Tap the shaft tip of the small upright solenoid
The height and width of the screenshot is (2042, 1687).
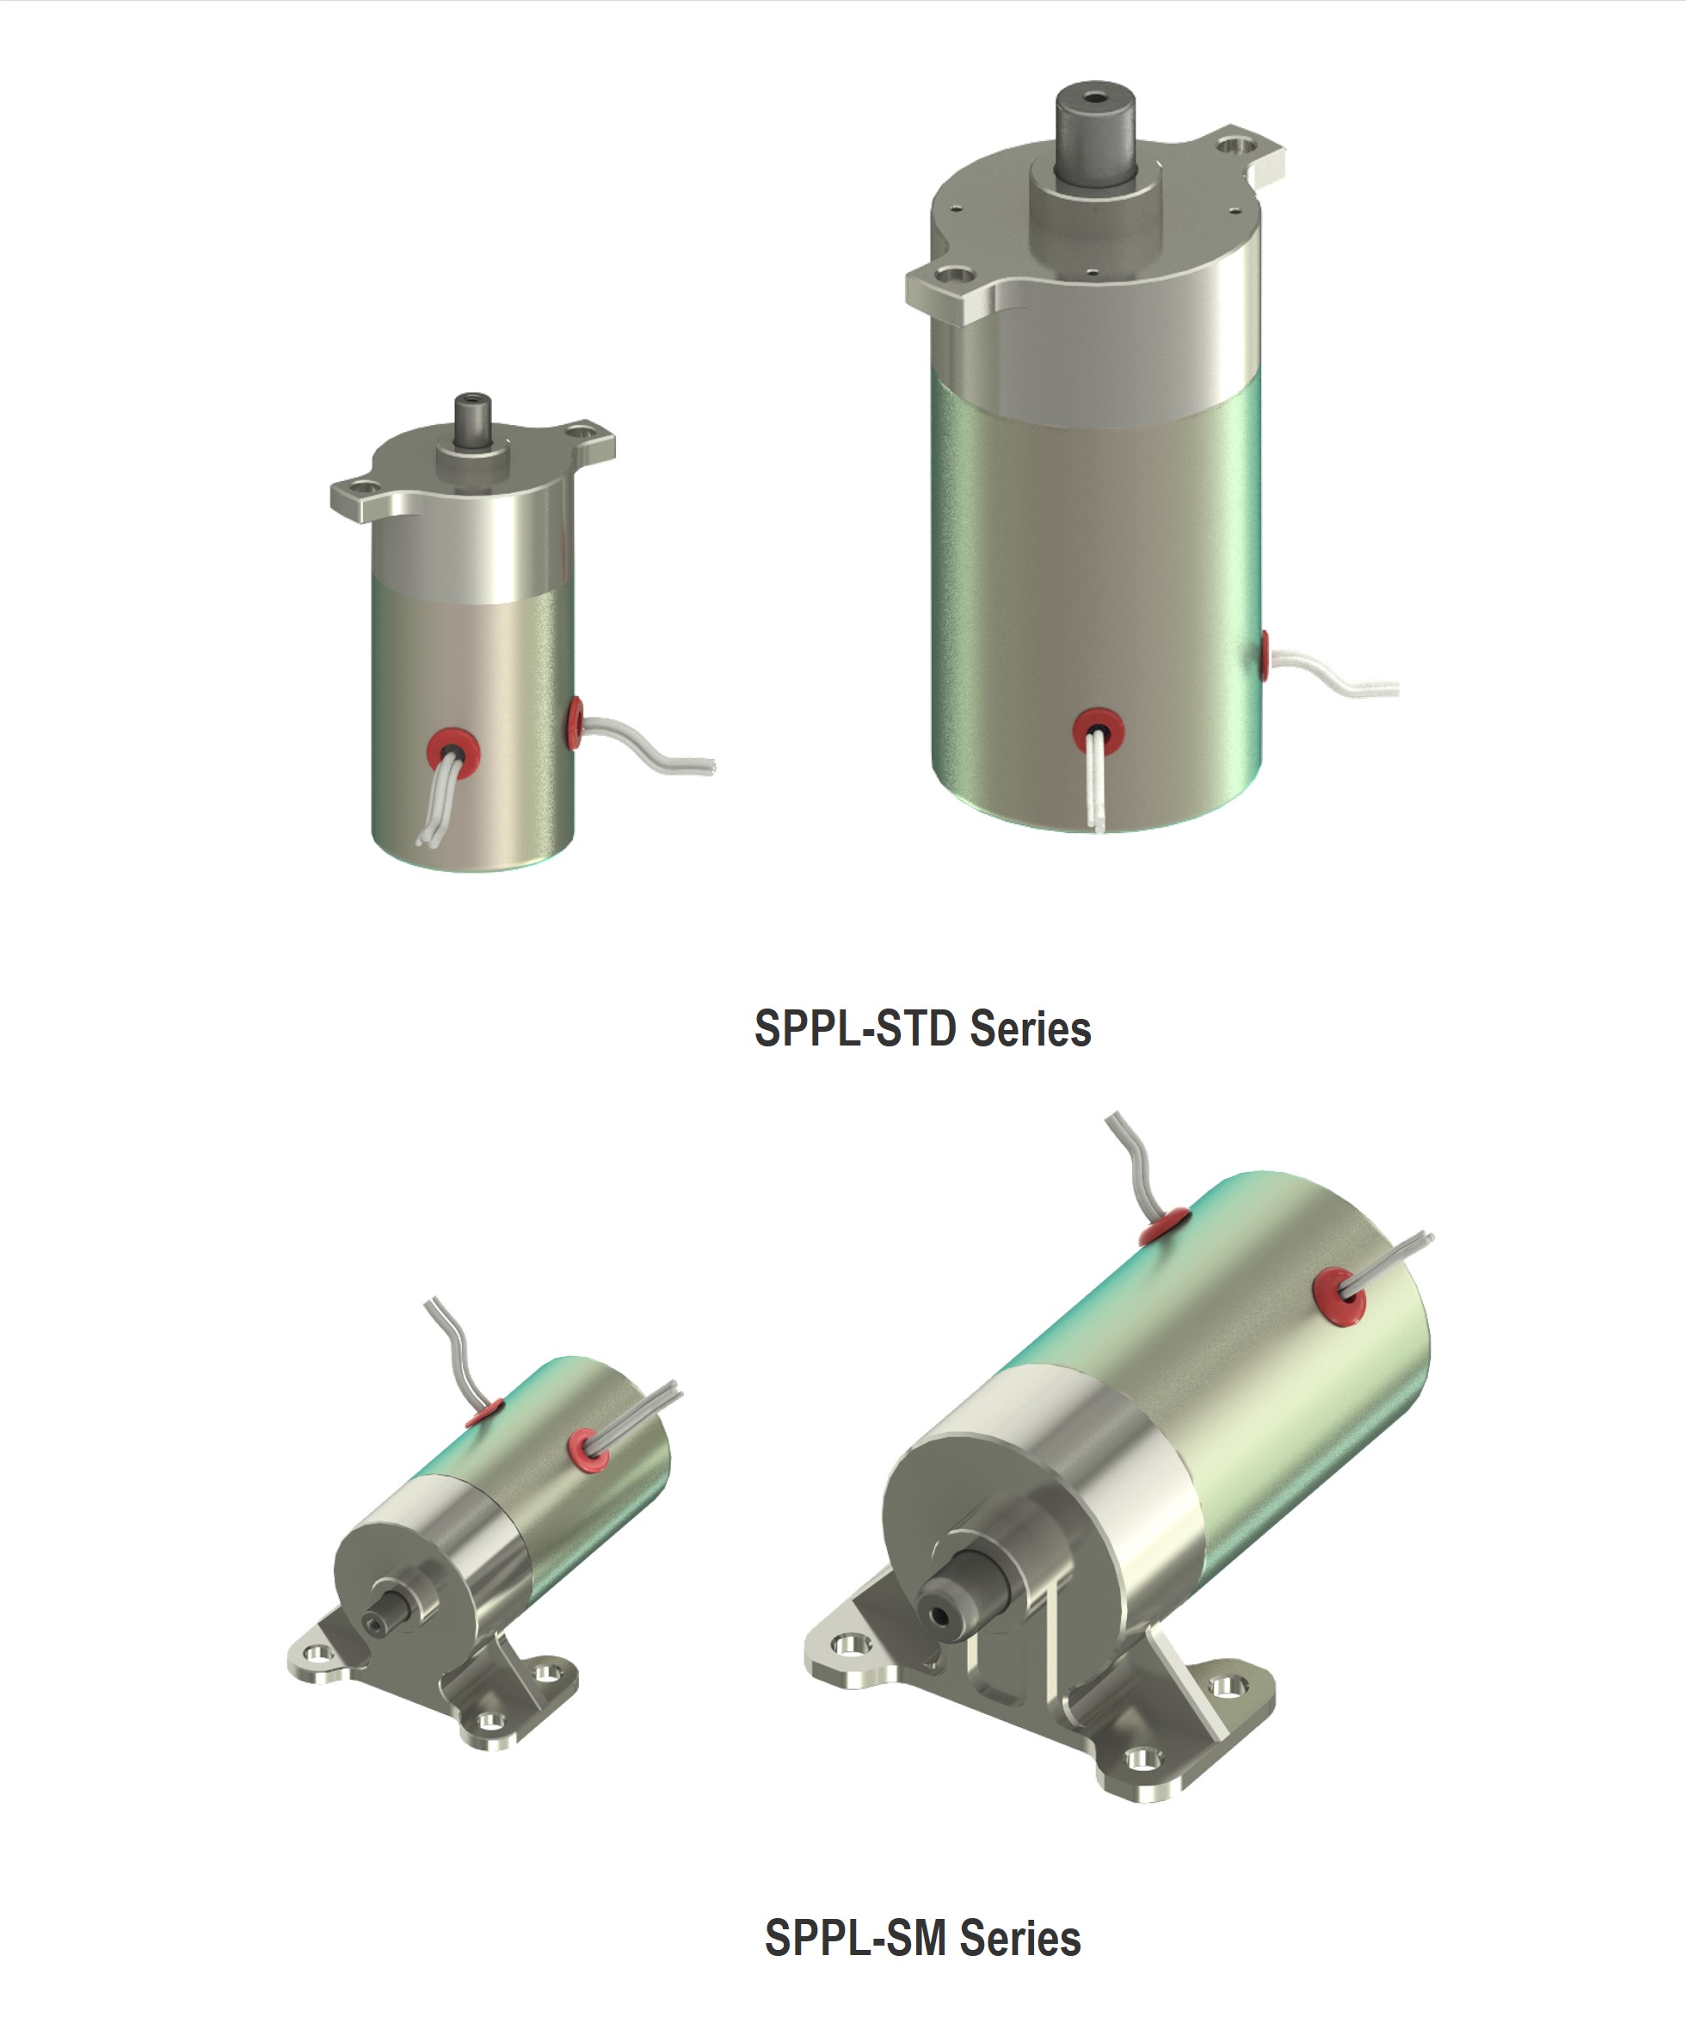point(473,401)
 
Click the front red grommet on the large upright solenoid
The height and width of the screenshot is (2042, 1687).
point(1097,728)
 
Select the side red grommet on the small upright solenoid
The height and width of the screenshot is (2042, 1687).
point(576,722)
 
